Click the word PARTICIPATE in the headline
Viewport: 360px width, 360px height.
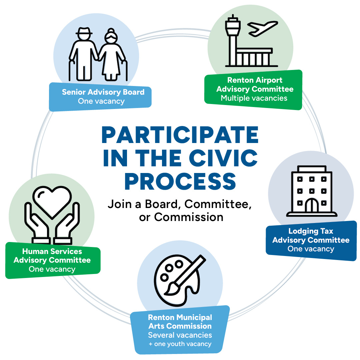coord(180,135)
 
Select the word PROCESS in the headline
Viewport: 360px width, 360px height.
coord(180,181)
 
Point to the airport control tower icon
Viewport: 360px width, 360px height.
coord(232,37)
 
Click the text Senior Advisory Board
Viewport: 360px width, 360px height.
coord(103,92)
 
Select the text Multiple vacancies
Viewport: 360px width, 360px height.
coord(254,98)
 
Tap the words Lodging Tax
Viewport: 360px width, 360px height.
coord(310,231)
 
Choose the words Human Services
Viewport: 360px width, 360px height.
coord(52,251)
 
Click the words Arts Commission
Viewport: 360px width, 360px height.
coord(180,326)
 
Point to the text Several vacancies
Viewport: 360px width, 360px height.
coord(180,335)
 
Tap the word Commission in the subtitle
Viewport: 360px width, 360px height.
coord(189,217)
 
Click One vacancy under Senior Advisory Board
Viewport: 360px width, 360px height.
coord(101,101)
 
